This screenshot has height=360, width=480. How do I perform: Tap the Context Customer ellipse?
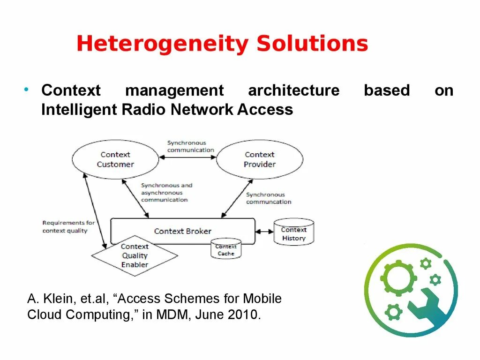[x=115, y=159]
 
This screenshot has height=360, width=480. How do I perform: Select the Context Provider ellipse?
[x=259, y=159]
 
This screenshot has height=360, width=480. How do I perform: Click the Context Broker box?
[x=183, y=231]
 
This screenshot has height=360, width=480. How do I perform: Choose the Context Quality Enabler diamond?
[x=135, y=255]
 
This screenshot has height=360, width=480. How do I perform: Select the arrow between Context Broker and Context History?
[x=265, y=231]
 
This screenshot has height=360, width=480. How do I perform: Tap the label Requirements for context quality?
[x=68, y=227]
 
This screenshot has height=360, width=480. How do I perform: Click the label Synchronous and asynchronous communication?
[x=166, y=193]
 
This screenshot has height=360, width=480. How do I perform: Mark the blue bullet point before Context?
[x=27, y=89]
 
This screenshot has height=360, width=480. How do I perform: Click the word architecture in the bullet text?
[x=293, y=90]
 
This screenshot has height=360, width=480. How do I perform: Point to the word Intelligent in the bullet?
[x=79, y=110]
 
